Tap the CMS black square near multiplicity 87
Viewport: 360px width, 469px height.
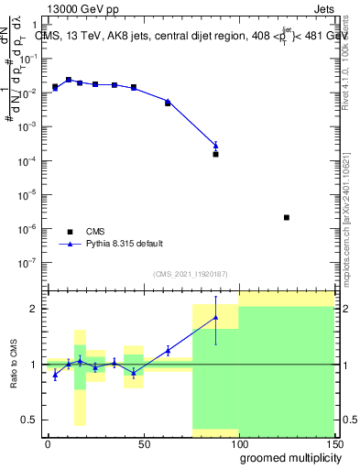pos(215,154)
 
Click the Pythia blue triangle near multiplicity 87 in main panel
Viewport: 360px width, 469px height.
pos(215,145)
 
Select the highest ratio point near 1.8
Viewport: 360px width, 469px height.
pos(215,318)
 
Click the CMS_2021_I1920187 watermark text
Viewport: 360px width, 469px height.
pos(191,274)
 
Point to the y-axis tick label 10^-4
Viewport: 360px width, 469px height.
pos(29,161)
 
